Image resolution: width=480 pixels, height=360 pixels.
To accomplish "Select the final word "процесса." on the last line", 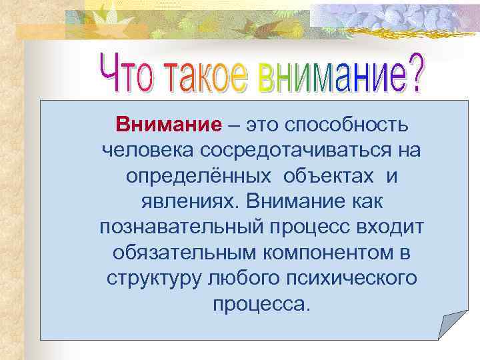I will pos(261,305).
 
